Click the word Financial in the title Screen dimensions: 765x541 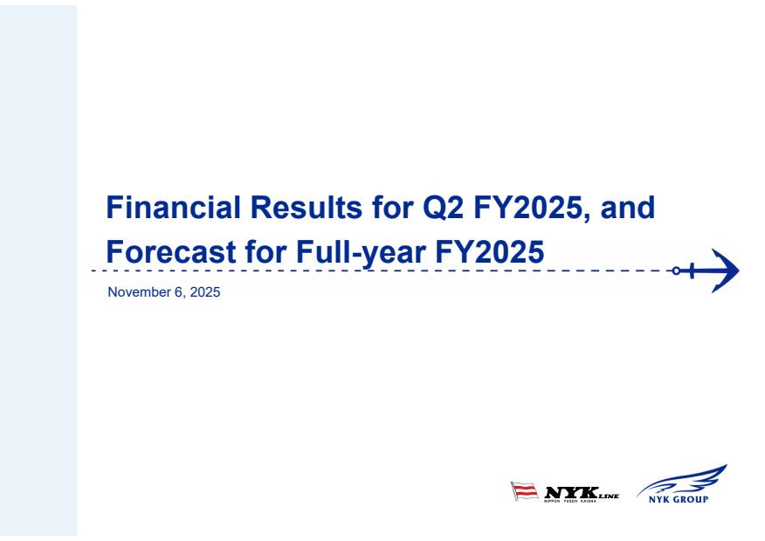pyautogui.click(x=173, y=207)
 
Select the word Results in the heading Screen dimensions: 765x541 pyautogui.click(x=307, y=207)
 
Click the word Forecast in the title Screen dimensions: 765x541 pyautogui.click(x=171, y=251)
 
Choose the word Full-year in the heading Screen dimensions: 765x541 pyautogui.click(x=361, y=253)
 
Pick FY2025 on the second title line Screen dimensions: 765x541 pyautogui.click(x=489, y=251)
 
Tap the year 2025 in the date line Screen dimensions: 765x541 pyautogui.click(x=205, y=292)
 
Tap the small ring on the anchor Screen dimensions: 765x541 pyautogui.click(x=676, y=270)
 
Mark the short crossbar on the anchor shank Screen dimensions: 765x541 pyautogui.click(x=692, y=270)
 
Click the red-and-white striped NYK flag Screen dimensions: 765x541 pyautogui.click(x=525, y=490)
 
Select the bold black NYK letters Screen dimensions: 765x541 pyautogui.click(x=571, y=492)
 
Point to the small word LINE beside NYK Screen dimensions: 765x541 pyautogui.click(x=609, y=496)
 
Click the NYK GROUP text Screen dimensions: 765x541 pyautogui.click(x=679, y=499)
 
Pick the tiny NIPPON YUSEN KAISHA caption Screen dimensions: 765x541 pyautogui.click(x=570, y=501)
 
